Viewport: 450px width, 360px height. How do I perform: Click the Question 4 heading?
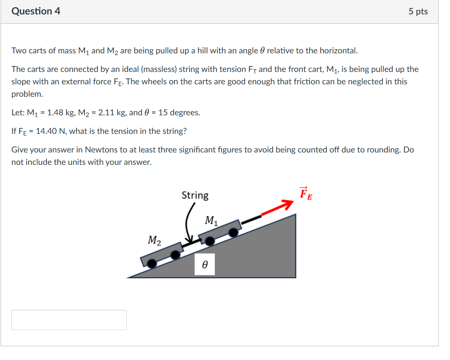pyautogui.click(x=36, y=11)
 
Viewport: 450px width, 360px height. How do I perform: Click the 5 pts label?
pyautogui.click(x=418, y=12)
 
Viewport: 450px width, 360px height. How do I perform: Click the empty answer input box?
pyautogui.click(x=69, y=320)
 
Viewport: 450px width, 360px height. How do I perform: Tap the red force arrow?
pyautogui.click(x=278, y=208)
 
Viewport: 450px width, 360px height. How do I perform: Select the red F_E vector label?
pyautogui.click(x=306, y=194)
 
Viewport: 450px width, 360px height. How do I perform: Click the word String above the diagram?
pyautogui.click(x=195, y=195)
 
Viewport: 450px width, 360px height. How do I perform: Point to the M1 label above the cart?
pyautogui.click(x=211, y=220)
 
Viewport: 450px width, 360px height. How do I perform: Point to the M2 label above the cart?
pyautogui.click(x=154, y=240)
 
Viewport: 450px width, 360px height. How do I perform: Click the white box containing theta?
pyautogui.click(x=205, y=264)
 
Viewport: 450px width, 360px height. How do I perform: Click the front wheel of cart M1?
pyautogui.click(x=233, y=233)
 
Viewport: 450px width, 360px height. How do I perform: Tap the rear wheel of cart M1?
pyautogui.click(x=210, y=241)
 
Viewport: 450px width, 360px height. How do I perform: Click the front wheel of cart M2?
pyautogui.click(x=175, y=255)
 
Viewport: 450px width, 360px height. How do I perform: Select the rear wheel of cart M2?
pyautogui.click(x=152, y=264)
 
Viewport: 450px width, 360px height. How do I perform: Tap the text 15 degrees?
pyautogui.click(x=179, y=113)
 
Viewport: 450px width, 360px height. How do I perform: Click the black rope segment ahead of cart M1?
pyautogui.click(x=251, y=219)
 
